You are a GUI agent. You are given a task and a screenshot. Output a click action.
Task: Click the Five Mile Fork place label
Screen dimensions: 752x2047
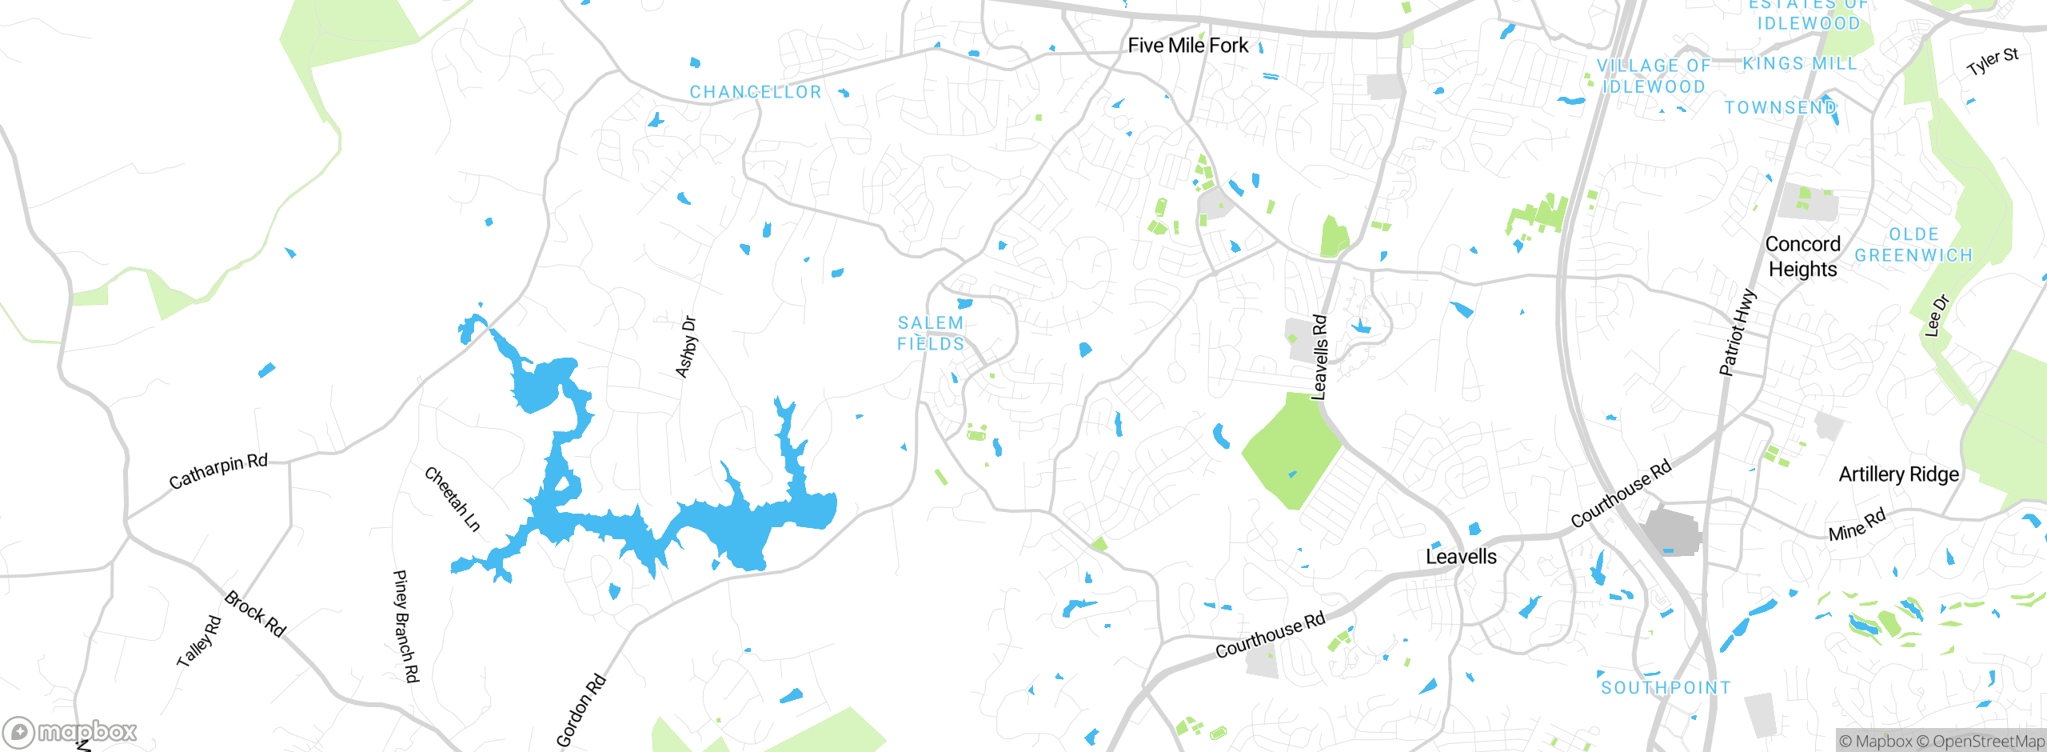tap(1187, 46)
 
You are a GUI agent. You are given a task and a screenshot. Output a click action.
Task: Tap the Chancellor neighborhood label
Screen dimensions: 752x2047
tap(756, 92)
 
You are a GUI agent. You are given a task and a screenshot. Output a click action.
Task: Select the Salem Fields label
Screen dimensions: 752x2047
tap(931, 334)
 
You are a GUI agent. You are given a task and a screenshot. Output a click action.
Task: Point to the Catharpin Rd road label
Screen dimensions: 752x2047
tap(218, 471)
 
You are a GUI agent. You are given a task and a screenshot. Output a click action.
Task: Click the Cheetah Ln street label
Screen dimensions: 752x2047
tap(453, 499)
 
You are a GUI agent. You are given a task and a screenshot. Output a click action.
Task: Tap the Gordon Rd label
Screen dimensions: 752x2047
tap(581, 710)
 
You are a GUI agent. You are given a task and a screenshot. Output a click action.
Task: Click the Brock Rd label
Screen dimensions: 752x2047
tap(255, 613)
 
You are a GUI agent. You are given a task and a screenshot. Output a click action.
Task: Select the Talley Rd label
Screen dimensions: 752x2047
tap(198, 641)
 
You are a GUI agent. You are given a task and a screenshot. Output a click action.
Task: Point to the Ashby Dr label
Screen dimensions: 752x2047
tap(686, 346)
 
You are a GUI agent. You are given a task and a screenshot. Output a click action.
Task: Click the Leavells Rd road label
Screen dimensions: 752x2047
tap(1319, 357)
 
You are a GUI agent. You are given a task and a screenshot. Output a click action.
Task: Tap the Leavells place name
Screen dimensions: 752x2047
tap(1461, 557)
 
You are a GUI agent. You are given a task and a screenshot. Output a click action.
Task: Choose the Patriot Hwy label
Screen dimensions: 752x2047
tap(1738, 332)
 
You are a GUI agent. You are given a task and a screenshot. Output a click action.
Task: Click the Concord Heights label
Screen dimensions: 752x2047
tap(1802, 256)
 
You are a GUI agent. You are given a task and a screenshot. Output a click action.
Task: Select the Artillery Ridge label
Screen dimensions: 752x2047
tap(1898, 474)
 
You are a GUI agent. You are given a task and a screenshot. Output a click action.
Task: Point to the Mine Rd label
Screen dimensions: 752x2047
tap(1857, 525)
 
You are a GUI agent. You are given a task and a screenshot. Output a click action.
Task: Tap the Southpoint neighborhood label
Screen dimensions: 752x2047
tap(1666, 687)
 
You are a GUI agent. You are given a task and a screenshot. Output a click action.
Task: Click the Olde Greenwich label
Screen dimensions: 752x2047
tap(1913, 245)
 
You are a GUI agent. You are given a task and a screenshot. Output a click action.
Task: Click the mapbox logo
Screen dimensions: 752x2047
tap(70, 731)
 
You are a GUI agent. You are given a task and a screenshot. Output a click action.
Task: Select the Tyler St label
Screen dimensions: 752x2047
tap(1993, 62)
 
